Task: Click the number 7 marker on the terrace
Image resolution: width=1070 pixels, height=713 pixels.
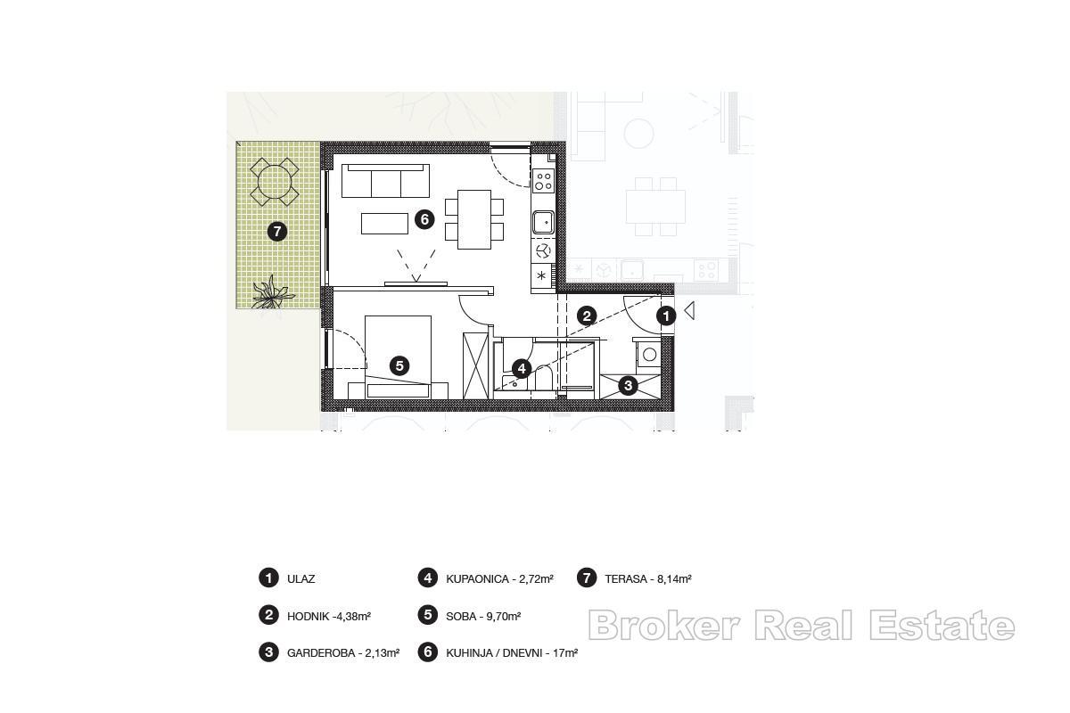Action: [x=277, y=232]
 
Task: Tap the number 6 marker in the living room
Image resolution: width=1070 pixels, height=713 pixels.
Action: [x=424, y=218]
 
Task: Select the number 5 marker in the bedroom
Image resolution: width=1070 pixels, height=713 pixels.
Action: [x=399, y=365]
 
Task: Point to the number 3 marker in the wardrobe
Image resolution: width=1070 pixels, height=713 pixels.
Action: [x=629, y=385]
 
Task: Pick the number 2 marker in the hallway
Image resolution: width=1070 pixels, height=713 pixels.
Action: [x=587, y=316]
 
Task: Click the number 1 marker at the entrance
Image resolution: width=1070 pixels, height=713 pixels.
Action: [x=666, y=316]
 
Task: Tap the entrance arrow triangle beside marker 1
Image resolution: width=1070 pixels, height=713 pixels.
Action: [x=688, y=313]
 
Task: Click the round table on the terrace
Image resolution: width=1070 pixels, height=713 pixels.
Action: [x=273, y=182]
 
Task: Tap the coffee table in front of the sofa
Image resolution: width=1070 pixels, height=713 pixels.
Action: [x=384, y=223]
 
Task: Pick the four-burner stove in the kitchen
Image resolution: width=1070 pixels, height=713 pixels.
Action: [x=543, y=182]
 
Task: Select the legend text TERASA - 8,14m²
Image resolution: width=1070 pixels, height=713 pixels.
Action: [x=648, y=579]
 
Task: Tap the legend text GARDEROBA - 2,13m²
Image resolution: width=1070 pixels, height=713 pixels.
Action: [x=343, y=652]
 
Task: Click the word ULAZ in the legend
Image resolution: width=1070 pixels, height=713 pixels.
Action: [x=300, y=579]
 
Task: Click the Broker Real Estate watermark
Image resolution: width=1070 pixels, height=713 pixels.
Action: [x=801, y=626]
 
